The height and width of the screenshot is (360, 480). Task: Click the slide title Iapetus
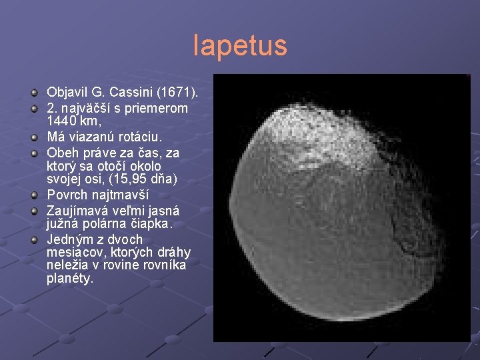(x=240, y=45)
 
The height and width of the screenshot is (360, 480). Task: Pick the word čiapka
(x=151, y=224)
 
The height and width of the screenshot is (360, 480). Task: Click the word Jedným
(x=69, y=239)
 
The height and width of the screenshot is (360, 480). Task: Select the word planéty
(x=70, y=280)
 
